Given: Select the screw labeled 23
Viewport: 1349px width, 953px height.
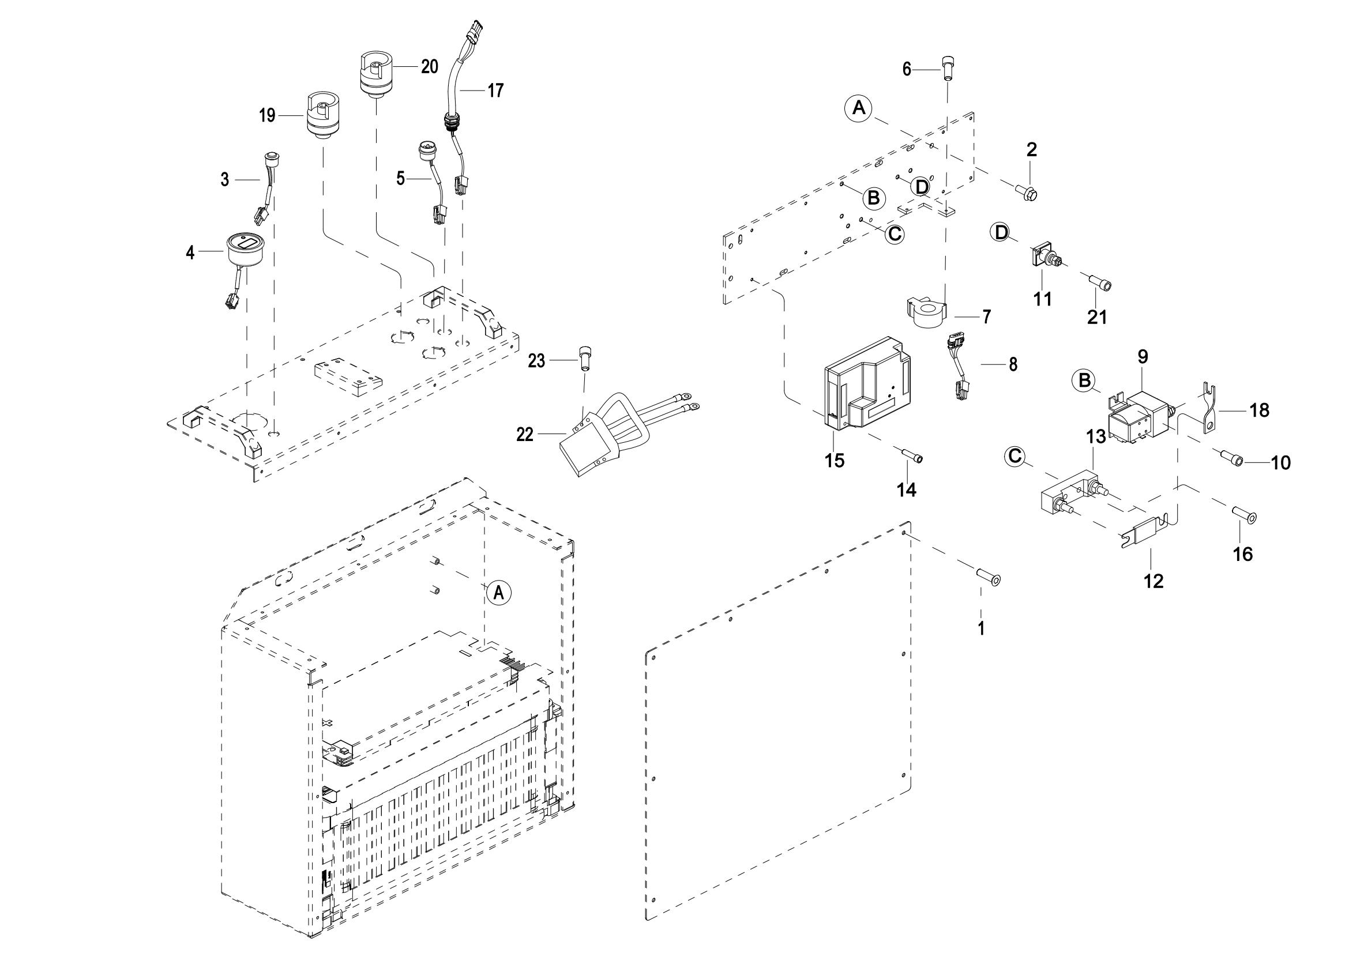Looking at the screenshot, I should (x=585, y=357).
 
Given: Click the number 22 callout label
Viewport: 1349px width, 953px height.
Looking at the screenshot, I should (x=524, y=435).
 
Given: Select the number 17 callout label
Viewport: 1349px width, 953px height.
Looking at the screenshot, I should (x=495, y=91).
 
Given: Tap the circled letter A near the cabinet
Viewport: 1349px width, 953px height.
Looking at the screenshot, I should (x=498, y=593).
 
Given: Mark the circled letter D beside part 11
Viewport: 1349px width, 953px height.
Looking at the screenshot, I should (x=1000, y=232).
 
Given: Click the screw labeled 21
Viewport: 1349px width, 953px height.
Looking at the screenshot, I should (x=1100, y=284).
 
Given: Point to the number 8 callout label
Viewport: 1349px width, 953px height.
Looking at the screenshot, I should (x=1013, y=364).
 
